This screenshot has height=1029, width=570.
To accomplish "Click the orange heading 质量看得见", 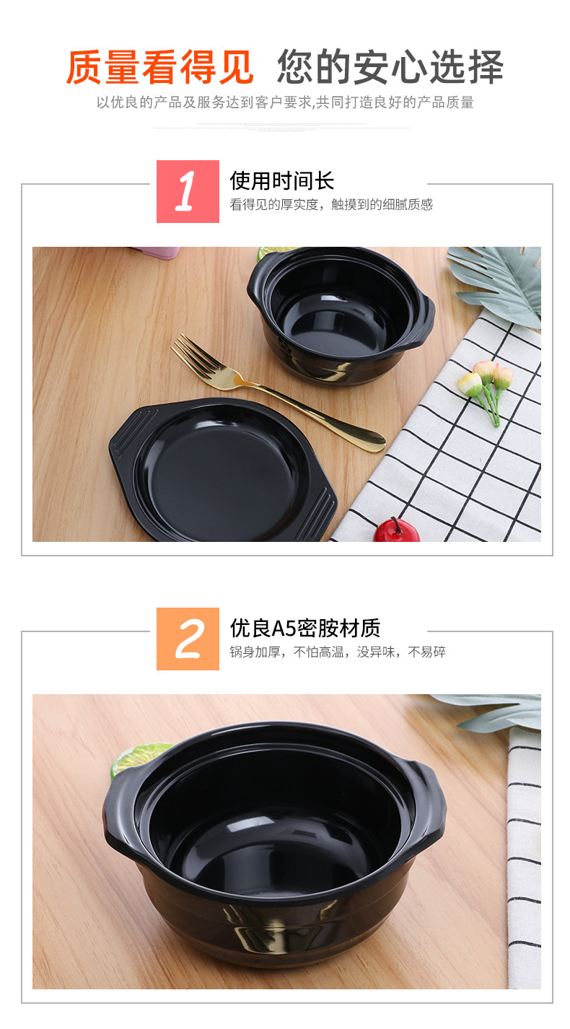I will click(x=159, y=68).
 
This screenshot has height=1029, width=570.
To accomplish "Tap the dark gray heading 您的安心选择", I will click(x=390, y=68).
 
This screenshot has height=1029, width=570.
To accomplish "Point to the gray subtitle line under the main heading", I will click(x=285, y=102).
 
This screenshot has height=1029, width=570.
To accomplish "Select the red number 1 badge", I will click(x=188, y=192).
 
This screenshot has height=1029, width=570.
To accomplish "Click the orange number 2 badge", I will click(x=188, y=639).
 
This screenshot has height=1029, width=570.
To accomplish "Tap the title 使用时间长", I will click(x=282, y=180).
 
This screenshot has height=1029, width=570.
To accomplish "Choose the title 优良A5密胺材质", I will click(x=304, y=628).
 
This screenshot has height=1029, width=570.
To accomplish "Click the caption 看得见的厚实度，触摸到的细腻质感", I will click(x=331, y=205).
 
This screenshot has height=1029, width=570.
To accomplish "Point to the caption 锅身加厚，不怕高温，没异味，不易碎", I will click(x=337, y=652).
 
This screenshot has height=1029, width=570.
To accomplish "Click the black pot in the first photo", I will click(x=339, y=314).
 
